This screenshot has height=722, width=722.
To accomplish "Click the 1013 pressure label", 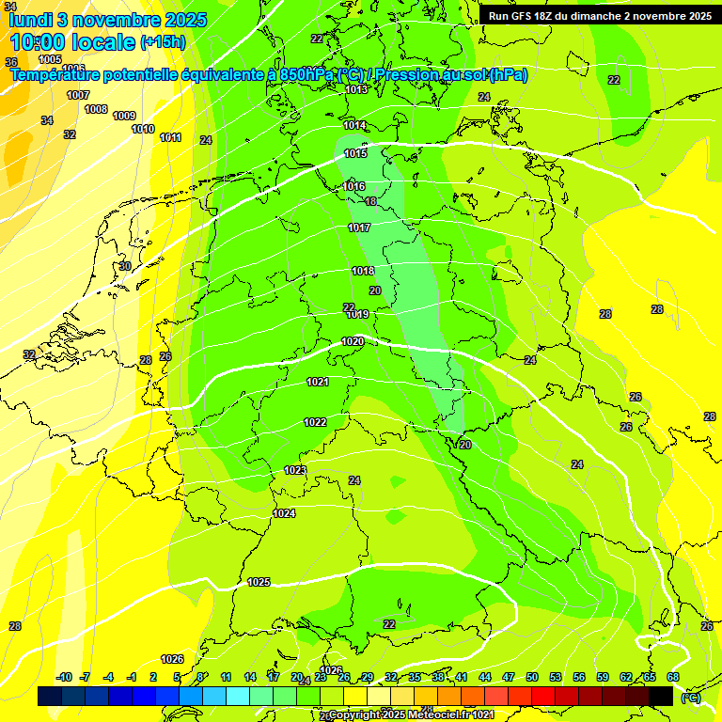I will point(356,89).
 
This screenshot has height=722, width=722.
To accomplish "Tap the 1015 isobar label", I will point(355,153).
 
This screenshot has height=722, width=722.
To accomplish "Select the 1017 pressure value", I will point(359,228).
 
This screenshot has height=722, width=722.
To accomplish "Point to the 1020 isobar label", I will point(353,341).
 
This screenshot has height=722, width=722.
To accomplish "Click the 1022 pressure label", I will point(315,422).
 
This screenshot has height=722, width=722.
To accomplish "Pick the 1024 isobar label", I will point(284,513).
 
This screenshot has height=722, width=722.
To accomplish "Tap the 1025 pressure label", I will point(259,582).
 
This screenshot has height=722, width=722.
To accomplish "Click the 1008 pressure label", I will point(96,109).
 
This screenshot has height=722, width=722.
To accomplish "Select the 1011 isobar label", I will point(170,137).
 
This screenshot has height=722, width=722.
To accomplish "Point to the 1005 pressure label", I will point(50,59).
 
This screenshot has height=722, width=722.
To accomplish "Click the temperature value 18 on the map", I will point(370,201).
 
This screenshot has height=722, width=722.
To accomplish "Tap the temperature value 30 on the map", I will point(125,266).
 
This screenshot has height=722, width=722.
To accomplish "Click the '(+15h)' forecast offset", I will point(163,42).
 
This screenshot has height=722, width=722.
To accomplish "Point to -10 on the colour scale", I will point(64,677).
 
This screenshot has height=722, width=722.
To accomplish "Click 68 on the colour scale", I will point(672,677).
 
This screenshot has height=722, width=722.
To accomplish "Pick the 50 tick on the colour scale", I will point(532,677).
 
